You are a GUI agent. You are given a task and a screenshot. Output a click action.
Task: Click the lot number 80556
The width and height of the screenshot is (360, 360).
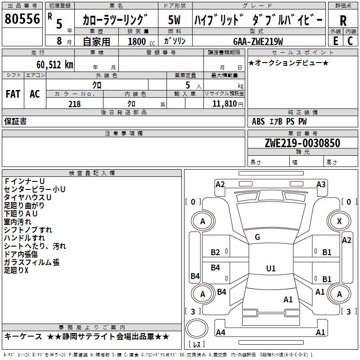pyautogui.click(x=22, y=19)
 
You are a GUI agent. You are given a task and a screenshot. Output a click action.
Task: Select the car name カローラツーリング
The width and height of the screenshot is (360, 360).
pyautogui.click(x=115, y=20)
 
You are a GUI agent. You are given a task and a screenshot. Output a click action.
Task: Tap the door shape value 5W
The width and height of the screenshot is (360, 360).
pyautogui.click(x=174, y=20)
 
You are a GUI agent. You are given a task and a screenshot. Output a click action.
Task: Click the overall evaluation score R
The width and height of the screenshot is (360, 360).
pyautogui.click(x=343, y=20)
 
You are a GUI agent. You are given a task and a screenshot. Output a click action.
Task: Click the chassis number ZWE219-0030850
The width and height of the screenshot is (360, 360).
pyautogui.click(x=302, y=143)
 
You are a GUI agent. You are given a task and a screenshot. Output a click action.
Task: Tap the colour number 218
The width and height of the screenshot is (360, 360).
pyautogui.click(x=74, y=104)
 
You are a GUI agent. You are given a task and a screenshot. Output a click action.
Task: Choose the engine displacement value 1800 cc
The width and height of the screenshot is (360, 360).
pyautogui.click(x=139, y=42)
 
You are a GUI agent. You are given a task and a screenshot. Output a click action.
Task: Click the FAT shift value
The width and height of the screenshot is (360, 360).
pyautogui.click(x=13, y=94)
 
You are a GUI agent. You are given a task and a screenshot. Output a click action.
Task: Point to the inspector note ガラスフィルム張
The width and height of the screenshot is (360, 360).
pyautogui.click(x=31, y=262)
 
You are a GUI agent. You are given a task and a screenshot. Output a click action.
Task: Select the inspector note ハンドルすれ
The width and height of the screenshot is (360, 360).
pyautogui.click(x=24, y=238)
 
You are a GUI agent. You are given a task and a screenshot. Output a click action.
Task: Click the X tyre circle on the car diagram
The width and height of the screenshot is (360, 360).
pyautogui.click(x=339, y=221)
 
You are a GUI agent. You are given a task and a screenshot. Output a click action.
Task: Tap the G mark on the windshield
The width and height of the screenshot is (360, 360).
pyautogui.click(x=257, y=237)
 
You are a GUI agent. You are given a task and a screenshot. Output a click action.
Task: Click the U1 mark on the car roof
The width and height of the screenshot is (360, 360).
pyautogui.click(x=270, y=269)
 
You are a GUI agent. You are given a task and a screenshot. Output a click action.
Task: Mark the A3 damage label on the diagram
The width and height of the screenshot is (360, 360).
pyautogui.click(x=321, y=184)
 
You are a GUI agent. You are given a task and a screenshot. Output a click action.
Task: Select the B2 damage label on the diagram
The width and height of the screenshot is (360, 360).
pyautogui.click(x=216, y=252)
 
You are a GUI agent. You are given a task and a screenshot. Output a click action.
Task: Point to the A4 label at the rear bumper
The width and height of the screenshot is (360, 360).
pyautogui.click(x=220, y=333)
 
